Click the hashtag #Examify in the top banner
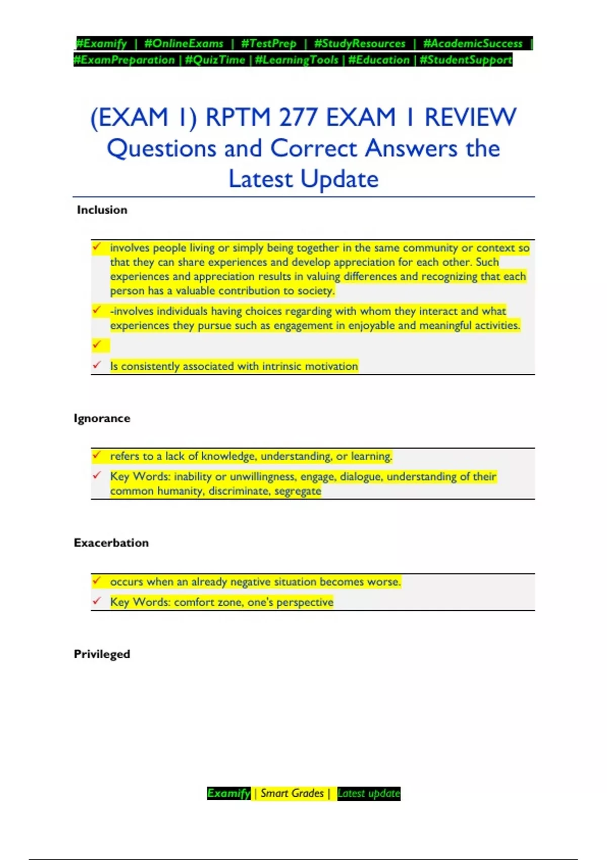[101, 44]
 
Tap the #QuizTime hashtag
[215, 60]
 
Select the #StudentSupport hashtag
[466, 60]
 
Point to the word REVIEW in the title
[470, 117]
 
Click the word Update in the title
[339, 179]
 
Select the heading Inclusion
[102, 210]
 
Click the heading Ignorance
[102, 418]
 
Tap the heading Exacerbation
[111, 543]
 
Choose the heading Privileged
[102, 654]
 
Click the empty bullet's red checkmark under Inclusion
[97, 345]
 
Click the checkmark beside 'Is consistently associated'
[97, 365]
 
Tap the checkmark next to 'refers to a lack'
[97, 455]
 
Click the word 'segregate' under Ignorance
[298, 491]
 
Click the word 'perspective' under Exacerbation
[305, 602]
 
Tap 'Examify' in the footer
[229, 793]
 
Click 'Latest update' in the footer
[369, 793]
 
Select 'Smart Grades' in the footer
[292, 793]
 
